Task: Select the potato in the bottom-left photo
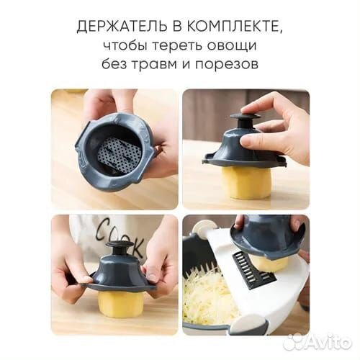(x=120, y=303)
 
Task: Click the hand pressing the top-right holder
(x=277, y=122)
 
